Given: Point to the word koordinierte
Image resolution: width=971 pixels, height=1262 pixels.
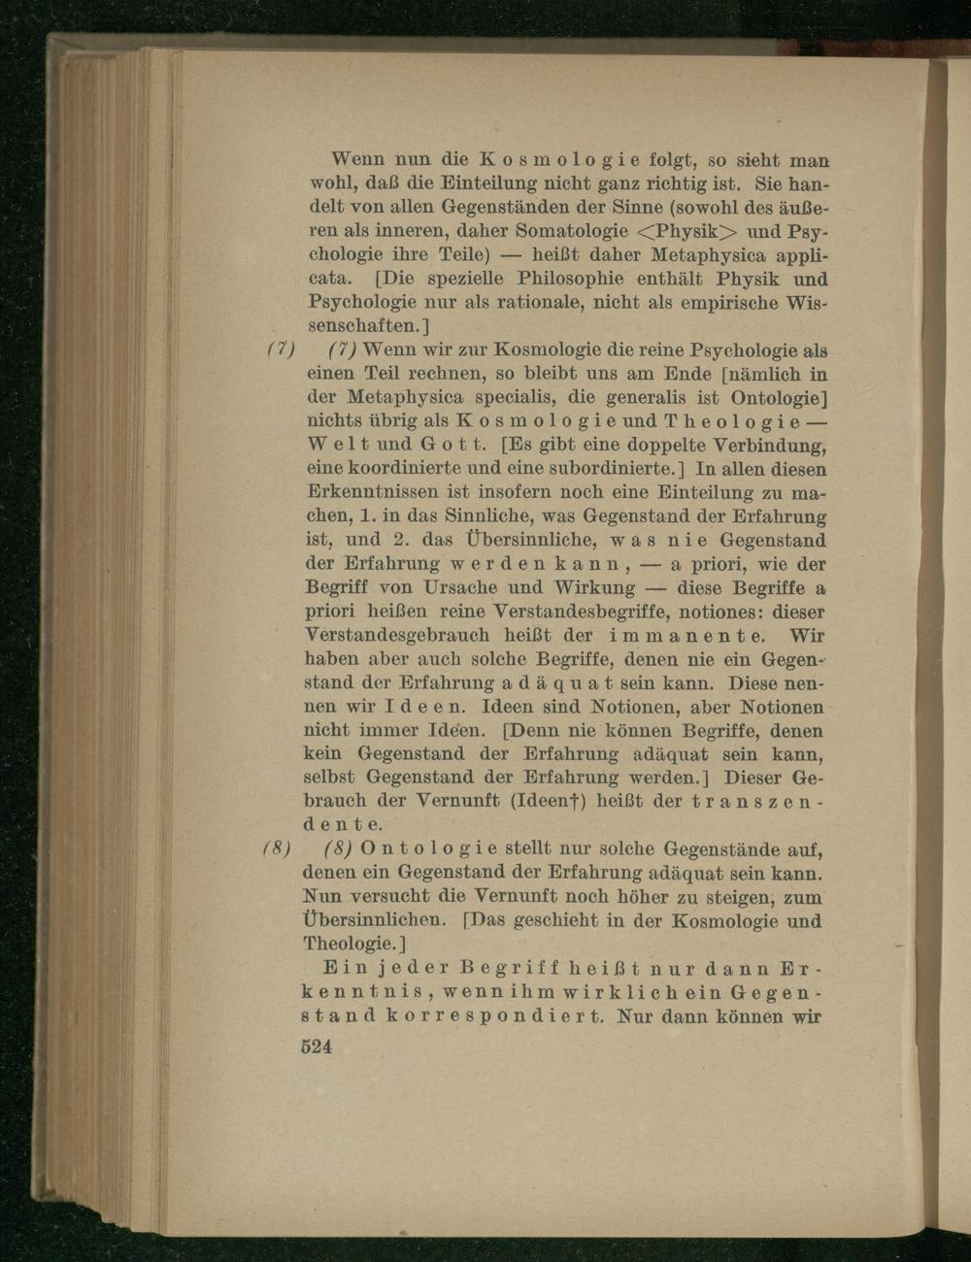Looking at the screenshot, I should (x=402, y=470).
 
